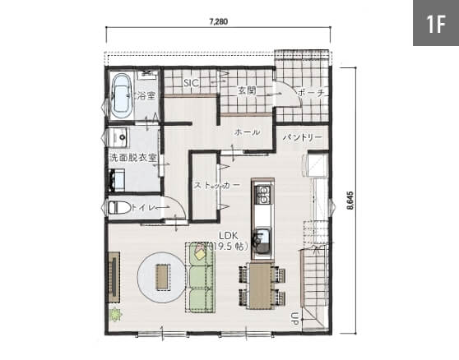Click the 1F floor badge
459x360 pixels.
(x=436, y=23)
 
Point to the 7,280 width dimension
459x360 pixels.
(x=219, y=21)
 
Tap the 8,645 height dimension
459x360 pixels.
(x=350, y=201)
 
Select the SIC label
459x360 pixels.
(x=192, y=83)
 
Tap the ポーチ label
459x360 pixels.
(x=311, y=94)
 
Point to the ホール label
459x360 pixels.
(x=247, y=132)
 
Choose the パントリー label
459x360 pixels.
(x=303, y=137)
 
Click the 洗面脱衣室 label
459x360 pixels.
(x=133, y=158)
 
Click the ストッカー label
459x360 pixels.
(x=217, y=185)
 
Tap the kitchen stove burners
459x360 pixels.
(x=262, y=195)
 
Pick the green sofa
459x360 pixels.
(x=200, y=278)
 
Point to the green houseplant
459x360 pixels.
(x=115, y=315)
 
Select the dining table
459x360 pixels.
(x=260, y=286)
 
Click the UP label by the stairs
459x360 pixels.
(x=294, y=319)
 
